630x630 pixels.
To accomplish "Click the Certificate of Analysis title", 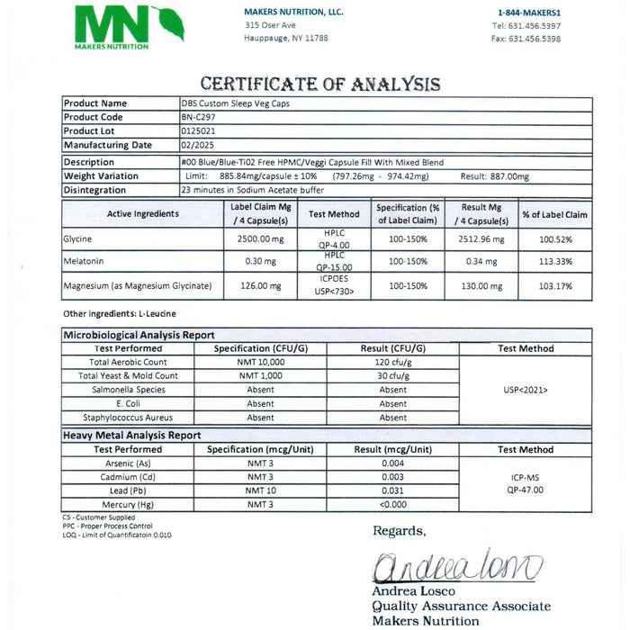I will coord(319,85).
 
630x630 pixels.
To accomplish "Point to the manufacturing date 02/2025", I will coord(195,144).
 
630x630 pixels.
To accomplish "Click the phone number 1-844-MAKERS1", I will coord(528,12).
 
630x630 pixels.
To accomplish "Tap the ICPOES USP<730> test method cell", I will coord(328,286).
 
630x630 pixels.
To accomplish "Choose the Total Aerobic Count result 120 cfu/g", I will coord(392,362).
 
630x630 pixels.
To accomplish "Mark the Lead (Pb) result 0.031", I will coord(392,490).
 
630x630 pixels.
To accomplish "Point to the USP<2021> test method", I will coord(526,390).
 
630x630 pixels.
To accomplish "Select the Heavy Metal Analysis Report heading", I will coord(132,435).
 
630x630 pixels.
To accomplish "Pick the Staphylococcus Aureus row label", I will coord(128,418).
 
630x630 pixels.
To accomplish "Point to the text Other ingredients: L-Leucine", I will coord(120,313).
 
